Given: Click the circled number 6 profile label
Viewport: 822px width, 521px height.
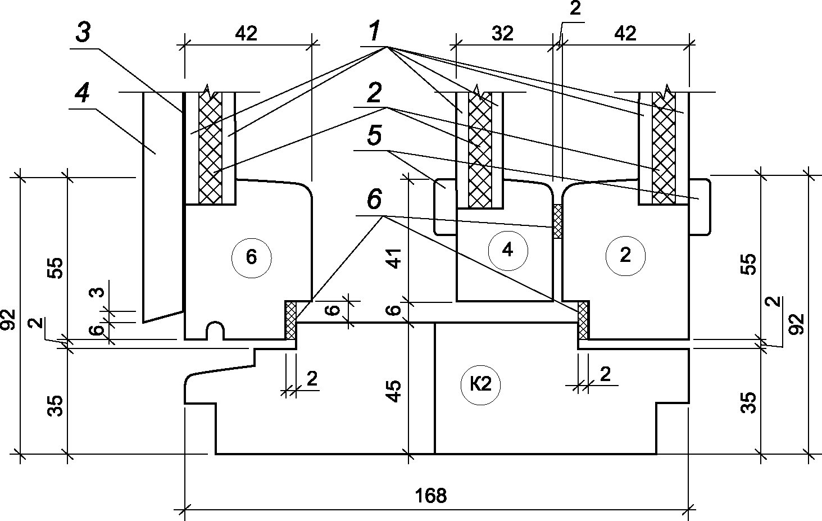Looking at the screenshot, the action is coord(251,258).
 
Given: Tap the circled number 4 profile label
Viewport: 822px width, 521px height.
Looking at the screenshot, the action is coord(508,251).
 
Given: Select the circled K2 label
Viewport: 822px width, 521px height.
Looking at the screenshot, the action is coord(480,385).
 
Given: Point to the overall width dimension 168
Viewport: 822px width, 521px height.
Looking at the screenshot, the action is coord(431,496).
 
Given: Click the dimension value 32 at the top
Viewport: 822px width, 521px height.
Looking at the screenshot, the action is coord(502,34).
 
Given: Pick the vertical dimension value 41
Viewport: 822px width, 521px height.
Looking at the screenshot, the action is coord(394,259).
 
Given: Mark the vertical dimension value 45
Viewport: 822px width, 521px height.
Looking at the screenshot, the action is coord(394,391).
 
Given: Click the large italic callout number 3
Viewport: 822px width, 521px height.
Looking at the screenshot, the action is coord(83,33).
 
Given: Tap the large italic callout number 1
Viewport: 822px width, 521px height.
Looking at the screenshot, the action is coord(374,31).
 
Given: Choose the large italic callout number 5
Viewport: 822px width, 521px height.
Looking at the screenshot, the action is coord(374,135).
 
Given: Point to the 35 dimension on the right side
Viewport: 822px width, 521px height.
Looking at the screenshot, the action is coord(748,403).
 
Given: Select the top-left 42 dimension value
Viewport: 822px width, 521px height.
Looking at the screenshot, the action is coord(246,34).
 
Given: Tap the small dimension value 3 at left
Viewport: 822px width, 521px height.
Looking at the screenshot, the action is coord(97,292).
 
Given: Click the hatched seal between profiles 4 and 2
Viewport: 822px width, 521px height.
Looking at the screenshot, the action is coord(557,221).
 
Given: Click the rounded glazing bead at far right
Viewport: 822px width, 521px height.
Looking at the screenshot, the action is coord(700,207).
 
